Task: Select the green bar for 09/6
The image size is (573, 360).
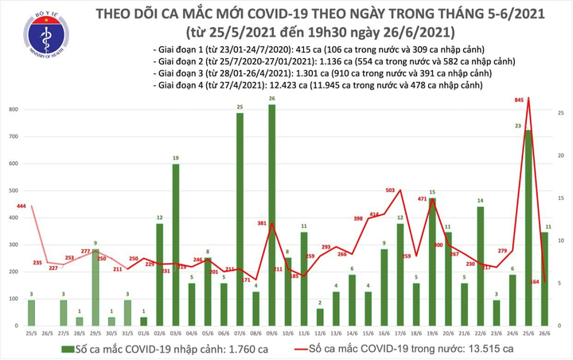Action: [272, 215]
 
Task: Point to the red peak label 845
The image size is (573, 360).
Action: [519, 100]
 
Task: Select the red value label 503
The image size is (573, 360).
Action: [391, 190]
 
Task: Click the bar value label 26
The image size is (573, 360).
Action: [272, 99]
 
